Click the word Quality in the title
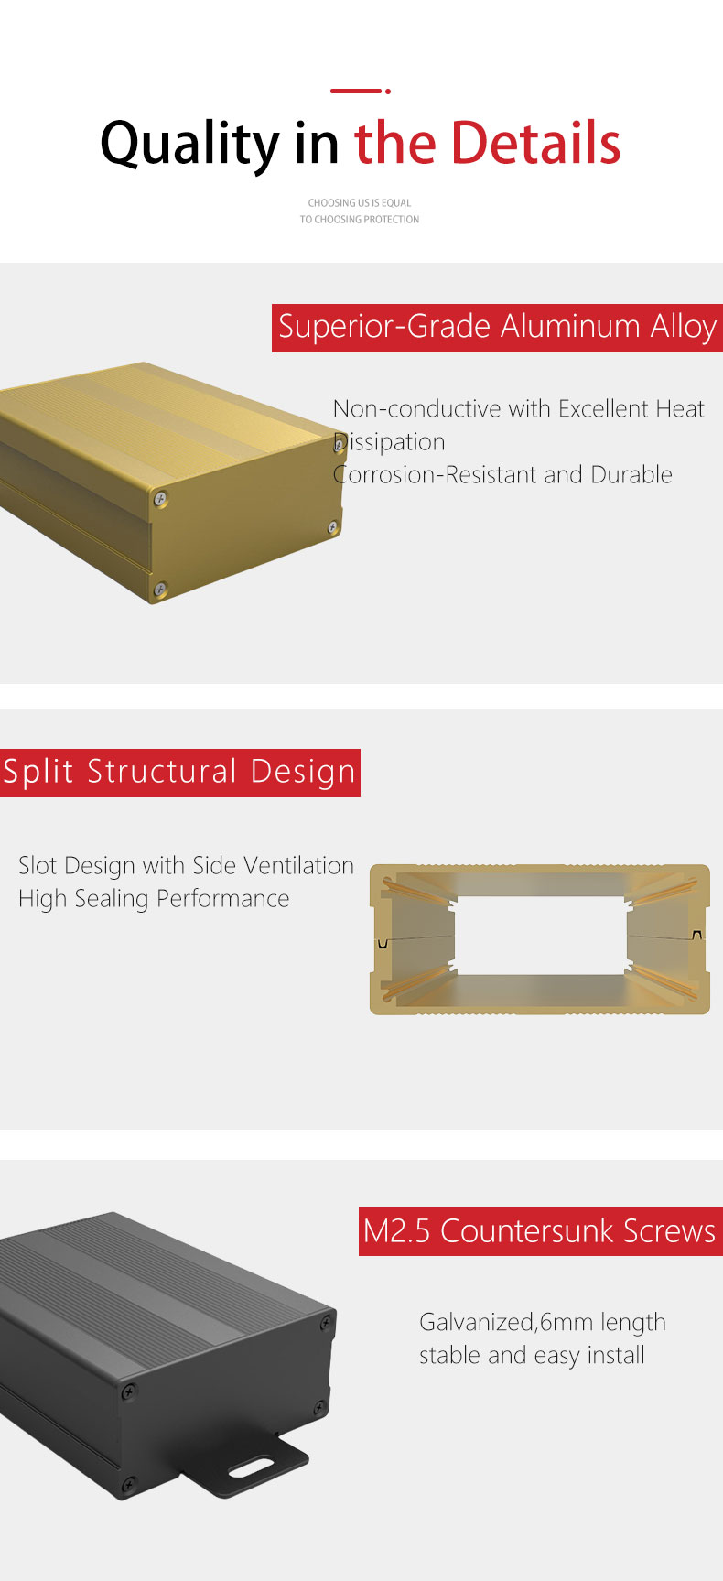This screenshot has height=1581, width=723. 190,145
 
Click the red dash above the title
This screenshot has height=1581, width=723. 355,91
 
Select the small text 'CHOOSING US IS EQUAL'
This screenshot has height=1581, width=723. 360,202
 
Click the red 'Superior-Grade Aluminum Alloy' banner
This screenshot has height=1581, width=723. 497,328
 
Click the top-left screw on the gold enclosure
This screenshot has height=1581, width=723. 161,498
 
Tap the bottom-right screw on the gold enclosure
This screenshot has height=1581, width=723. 333,527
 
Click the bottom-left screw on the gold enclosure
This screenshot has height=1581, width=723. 160,590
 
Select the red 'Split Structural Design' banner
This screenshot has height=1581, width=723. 180,773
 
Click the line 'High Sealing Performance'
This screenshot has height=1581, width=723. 154,899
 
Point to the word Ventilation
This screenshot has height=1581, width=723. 299,865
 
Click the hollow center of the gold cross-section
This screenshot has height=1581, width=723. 540,935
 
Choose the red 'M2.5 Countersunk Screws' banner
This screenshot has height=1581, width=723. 540,1231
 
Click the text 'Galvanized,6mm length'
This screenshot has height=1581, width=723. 543,1323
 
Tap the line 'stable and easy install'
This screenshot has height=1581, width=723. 532,1355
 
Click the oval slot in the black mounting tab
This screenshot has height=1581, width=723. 249,1467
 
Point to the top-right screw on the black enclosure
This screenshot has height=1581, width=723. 325,1323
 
